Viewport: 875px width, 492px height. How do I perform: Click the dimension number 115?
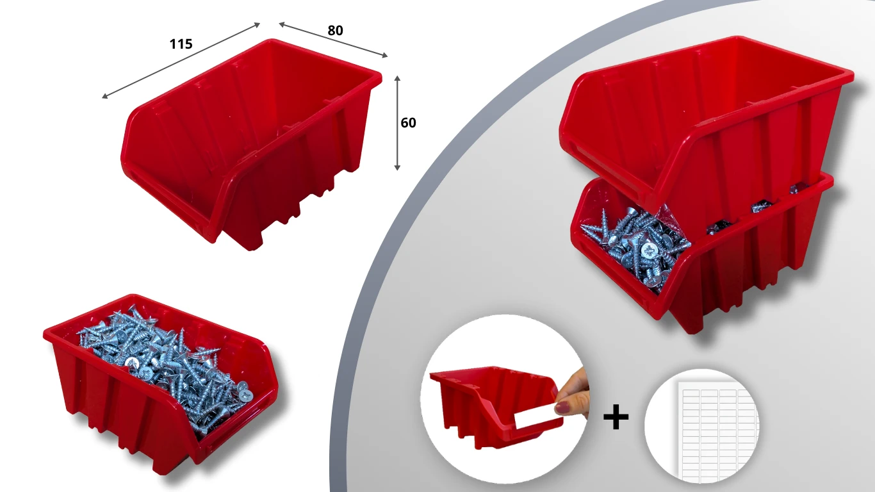pyautogui.click(x=181, y=44)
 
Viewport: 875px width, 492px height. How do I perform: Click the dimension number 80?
pyautogui.click(x=335, y=31)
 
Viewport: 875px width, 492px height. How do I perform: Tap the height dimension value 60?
pyautogui.click(x=408, y=123)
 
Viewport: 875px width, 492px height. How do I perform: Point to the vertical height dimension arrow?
pyautogui.click(x=397, y=123)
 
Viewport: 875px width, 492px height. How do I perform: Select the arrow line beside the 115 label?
pyautogui.click(x=181, y=61)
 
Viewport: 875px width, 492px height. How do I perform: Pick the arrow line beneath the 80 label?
pyautogui.click(x=333, y=40)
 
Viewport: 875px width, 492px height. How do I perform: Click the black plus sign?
pyautogui.click(x=616, y=417)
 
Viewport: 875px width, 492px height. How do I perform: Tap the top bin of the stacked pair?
pyautogui.click(x=707, y=117)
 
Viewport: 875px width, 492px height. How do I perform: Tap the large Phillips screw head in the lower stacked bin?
pyautogui.click(x=649, y=249)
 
